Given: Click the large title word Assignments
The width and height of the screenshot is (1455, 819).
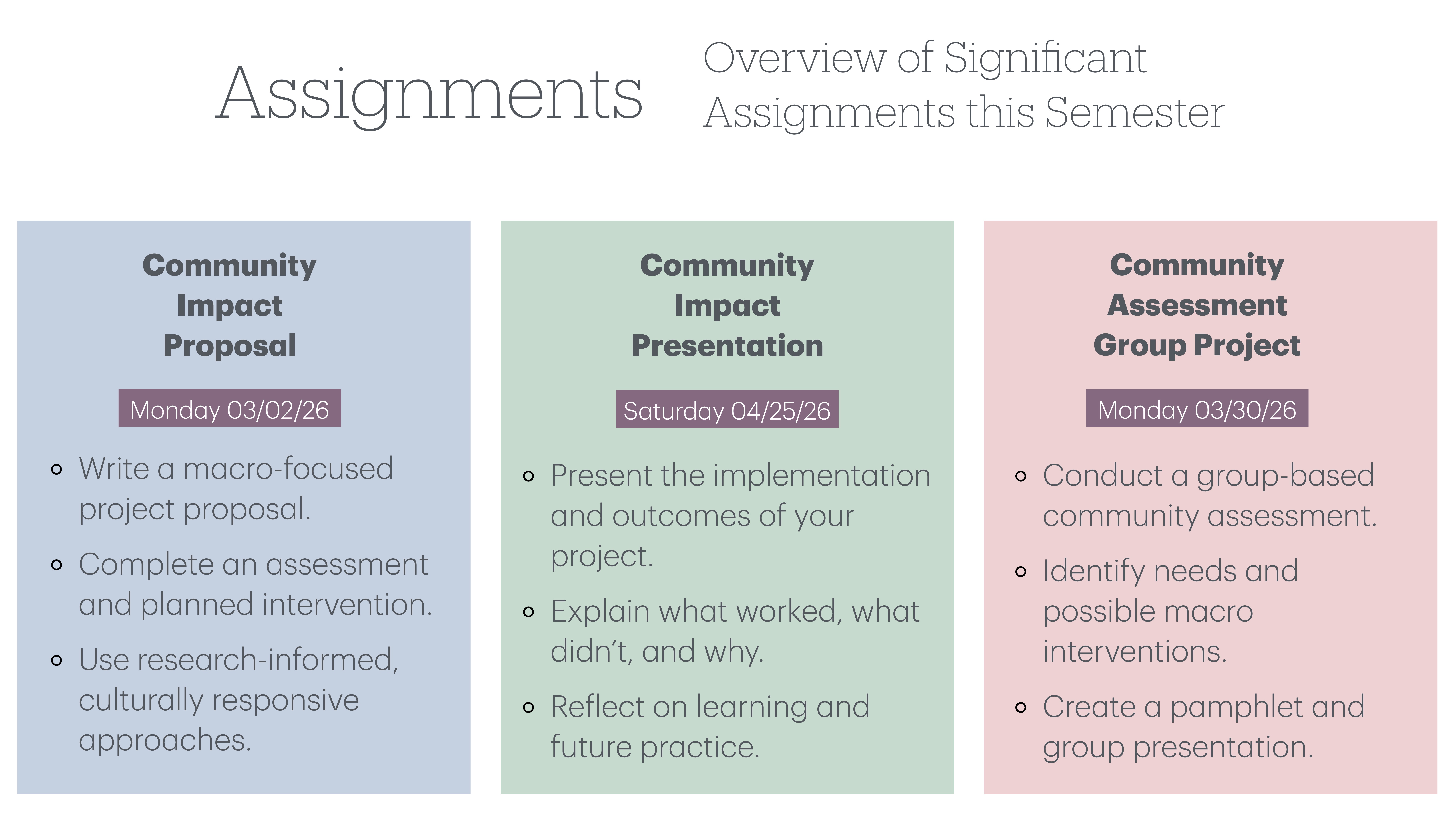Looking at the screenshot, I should point(429,93).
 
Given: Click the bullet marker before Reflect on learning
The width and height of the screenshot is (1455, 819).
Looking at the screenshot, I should point(528,707).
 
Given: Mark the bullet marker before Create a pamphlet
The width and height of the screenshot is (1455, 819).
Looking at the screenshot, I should point(1020,707).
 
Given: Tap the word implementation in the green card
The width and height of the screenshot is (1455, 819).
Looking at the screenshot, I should point(821,475).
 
